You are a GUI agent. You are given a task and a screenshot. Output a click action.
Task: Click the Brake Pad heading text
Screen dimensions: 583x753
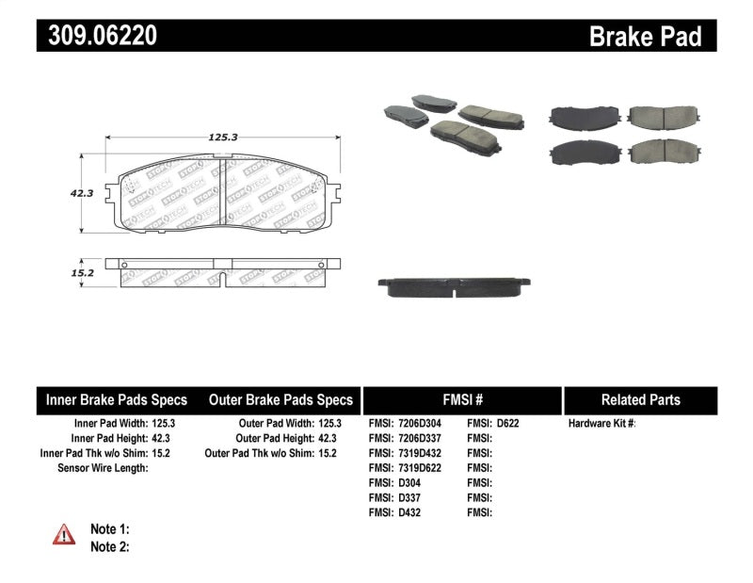tap(645, 36)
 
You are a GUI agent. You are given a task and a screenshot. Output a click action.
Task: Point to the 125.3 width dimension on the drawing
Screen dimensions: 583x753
tap(222, 137)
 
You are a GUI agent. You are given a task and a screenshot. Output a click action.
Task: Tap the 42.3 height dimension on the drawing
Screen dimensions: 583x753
tap(82, 192)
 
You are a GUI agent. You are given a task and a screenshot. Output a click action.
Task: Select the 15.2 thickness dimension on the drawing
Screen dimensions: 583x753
tap(83, 272)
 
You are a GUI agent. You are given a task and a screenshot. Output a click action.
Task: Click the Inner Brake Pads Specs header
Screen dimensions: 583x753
tap(117, 399)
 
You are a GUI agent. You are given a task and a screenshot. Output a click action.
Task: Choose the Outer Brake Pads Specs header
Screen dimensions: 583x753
tap(280, 399)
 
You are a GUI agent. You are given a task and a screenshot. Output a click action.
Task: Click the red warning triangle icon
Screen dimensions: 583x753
tap(63, 535)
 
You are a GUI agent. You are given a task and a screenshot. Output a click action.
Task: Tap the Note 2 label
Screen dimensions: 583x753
tap(109, 546)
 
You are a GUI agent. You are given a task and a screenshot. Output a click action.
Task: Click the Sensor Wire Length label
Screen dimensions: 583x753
tap(97, 467)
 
